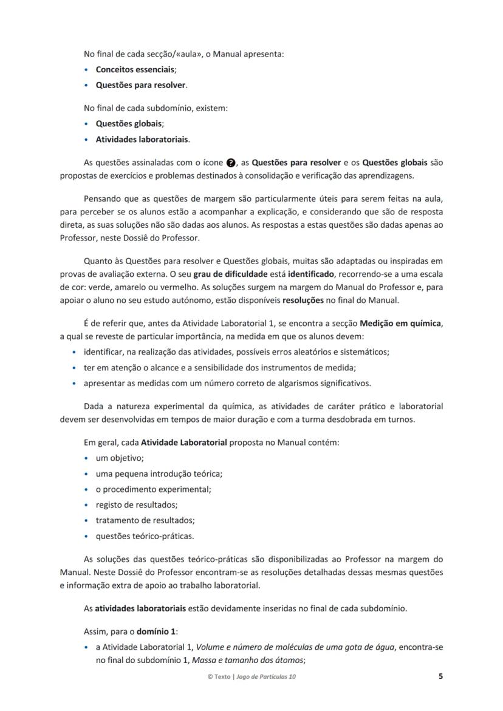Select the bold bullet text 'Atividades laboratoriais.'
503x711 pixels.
[142, 139]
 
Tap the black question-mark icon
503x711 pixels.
[230, 163]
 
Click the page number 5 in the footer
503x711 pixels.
[440, 676]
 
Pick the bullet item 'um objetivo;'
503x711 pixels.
[120, 458]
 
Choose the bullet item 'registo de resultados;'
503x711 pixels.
[137, 505]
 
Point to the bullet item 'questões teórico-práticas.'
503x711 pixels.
[145, 536]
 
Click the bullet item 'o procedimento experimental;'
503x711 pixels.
[153, 489]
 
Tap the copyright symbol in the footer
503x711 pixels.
[210, 676]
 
